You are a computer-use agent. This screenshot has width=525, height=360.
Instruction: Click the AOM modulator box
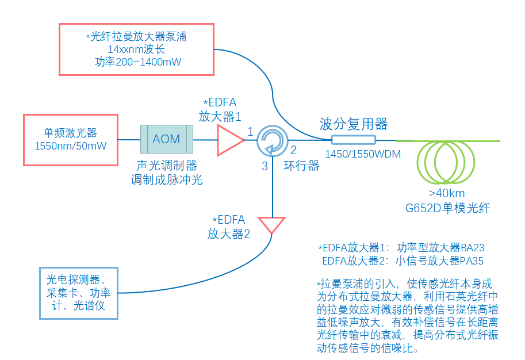pyautogui.click(x=166, y=139)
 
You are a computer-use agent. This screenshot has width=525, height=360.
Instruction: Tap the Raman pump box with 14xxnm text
pyautogui.click(x=137, y=49)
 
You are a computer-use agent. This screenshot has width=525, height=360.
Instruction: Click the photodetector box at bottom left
pyautogui.click(x=79, y=293)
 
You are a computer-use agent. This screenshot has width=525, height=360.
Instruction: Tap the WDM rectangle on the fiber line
pyautogui.click(x=353, y=139)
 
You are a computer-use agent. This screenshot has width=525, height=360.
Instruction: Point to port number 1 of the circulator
pyautogui.click(x=251, y=132)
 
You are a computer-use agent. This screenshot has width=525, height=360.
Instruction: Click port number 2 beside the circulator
pyautogui.click(x=293, y=151)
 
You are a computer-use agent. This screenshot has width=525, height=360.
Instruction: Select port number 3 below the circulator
pyautogui.click(x=265, y=167)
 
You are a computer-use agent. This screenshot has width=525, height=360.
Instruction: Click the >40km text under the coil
pyautogui.click(x=446, y=193)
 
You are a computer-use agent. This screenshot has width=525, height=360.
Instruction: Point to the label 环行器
pyautogui.click(x=302, y=166)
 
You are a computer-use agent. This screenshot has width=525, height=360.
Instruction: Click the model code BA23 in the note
pyautogui.click(x=473, y=248)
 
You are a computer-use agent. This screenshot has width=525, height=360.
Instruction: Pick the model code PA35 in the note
pyautogui.click(x=472, y=261)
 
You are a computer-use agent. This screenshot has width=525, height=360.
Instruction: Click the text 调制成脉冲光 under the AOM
pyautogui.click(x=167, y=179)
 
